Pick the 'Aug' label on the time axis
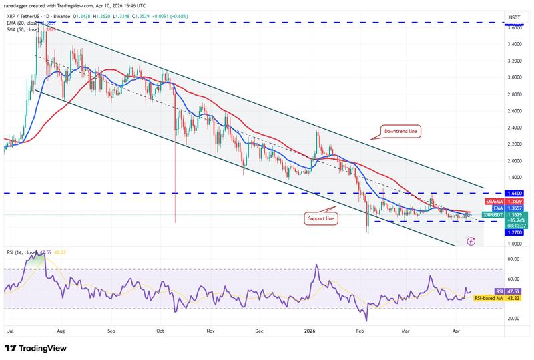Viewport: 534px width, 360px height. pyautogui.click(x=61, y=330)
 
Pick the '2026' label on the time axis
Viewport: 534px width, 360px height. pyautogui.click(x=310, y=330)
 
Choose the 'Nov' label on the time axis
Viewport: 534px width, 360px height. pyautogui.click(x=210, y=330)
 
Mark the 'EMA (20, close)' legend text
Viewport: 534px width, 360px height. pyautogui.click(x=25, y=23)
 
